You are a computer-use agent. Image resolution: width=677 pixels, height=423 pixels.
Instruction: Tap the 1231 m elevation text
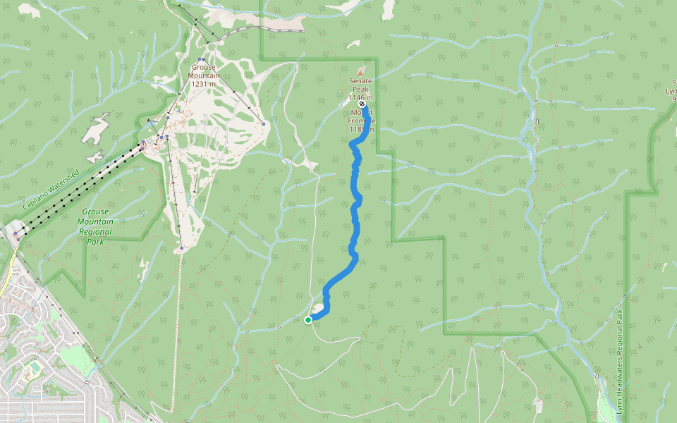click(204, 84)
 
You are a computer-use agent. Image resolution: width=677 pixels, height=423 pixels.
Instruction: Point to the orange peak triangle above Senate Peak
click(362, 72)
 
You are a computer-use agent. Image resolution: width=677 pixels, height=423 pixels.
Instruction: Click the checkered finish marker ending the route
click(362, 104)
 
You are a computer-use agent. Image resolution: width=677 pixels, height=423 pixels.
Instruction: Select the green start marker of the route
click(308, 320)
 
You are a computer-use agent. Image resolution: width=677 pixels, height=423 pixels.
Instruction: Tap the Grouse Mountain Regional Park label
click(95, 226)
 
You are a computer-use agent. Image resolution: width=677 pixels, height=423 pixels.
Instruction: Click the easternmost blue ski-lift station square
click(263, 125)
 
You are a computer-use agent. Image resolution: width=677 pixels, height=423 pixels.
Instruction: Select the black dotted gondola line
click(78, 187)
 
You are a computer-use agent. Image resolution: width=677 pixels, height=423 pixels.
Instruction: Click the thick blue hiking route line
click(356, 211)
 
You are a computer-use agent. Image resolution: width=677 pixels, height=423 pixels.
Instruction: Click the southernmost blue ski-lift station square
click(181, 248)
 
